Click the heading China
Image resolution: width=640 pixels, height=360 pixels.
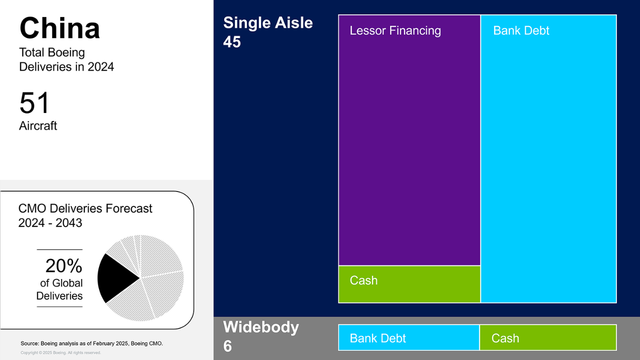59,28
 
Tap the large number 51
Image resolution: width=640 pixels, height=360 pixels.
34,102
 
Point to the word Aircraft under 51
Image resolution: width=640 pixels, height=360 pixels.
38,125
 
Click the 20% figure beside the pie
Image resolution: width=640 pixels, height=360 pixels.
63,265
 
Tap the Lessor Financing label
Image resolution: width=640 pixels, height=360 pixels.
395,31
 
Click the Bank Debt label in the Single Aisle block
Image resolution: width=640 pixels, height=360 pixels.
521,30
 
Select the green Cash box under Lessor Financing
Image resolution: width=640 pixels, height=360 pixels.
409,284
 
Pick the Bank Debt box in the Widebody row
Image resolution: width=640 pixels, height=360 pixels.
409,337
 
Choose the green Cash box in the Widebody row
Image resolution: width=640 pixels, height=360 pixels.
548,337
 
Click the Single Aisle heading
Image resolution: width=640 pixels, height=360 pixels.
268,22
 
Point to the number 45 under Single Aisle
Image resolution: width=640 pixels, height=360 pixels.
232,42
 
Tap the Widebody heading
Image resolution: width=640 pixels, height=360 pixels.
261,327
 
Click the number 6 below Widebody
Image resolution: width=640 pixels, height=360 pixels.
227,346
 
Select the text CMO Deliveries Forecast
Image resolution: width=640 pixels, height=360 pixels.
85,208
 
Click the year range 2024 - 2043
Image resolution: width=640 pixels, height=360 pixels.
50,223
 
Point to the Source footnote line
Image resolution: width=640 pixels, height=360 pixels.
91,343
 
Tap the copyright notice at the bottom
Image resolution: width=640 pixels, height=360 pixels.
60,353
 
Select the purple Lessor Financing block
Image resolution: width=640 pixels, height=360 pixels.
409,140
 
